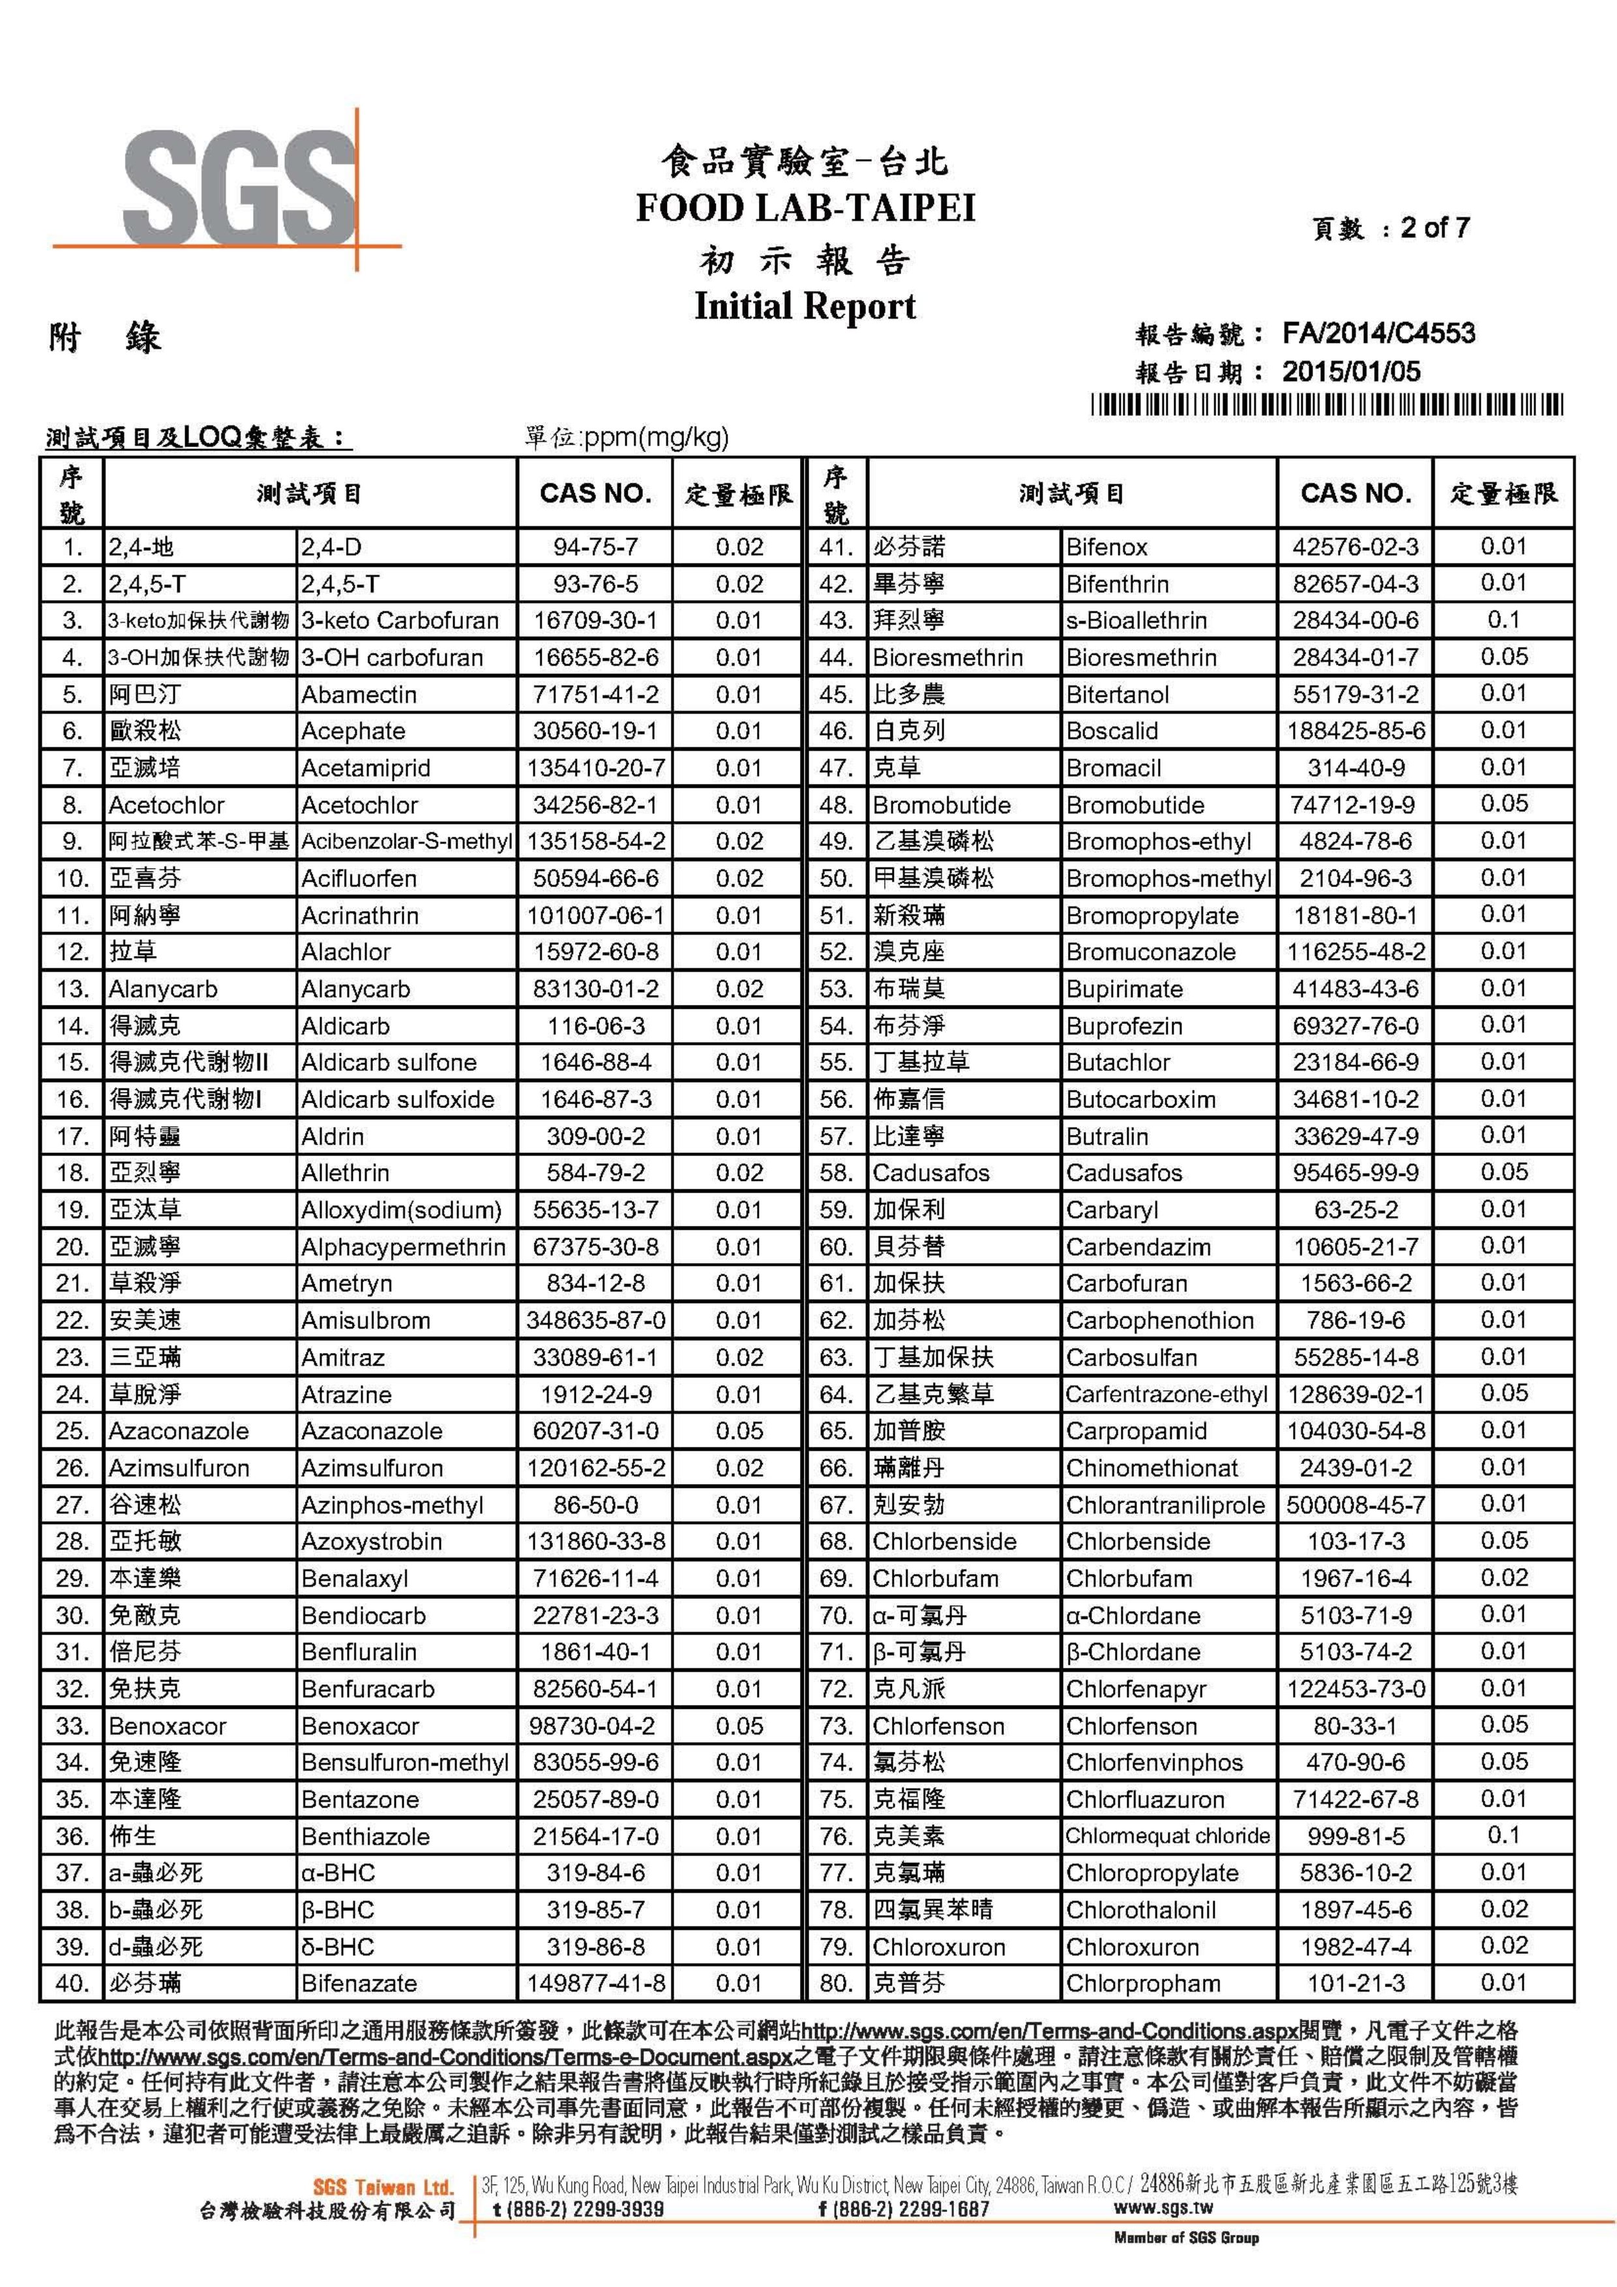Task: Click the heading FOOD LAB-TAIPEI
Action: (805, 208)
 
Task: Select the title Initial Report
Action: (805, 305)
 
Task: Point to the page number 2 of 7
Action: (1434, 228)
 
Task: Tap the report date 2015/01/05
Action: (1351, 373)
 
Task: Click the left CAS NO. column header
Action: (595, 493)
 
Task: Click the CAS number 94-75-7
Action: (595, 547)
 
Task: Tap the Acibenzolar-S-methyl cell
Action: (406, 841)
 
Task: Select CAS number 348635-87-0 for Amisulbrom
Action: (595, 1321)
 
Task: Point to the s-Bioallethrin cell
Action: (1136, 620)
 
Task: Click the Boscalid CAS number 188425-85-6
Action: (1355, 731)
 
